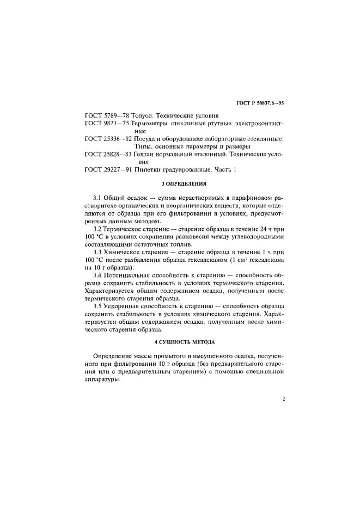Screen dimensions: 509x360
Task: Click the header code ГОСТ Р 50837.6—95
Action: tap(260, 102)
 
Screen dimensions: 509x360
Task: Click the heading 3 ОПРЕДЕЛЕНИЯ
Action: tap(184, 185)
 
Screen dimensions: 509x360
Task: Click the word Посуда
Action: tap(146, 139)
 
